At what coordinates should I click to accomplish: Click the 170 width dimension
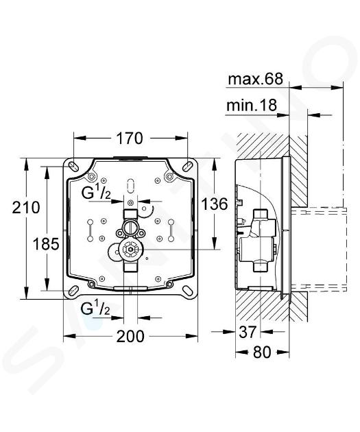pos(130,139)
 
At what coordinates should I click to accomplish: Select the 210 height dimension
pos(26,208)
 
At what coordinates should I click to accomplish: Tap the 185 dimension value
pos(46,244)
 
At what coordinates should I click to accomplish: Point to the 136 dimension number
pos(215,204)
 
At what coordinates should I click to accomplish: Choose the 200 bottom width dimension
pos(130,337)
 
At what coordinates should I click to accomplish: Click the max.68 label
pos(255,79)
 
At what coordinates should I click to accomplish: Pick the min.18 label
pos(252,105)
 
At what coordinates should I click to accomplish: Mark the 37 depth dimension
pos(248,332)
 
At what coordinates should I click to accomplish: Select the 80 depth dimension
pos(262,352)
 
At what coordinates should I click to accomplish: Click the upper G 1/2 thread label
pos(96,193)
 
